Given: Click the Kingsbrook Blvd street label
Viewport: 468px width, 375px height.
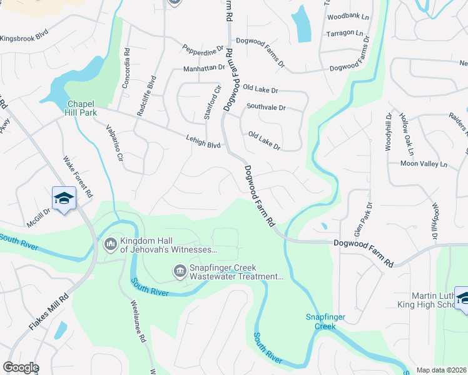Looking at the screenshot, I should click(x=24, y=38).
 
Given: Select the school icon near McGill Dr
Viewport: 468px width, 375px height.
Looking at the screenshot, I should click(x=64, y=198).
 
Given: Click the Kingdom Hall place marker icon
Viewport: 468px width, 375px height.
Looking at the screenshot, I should click(x=111, y=242).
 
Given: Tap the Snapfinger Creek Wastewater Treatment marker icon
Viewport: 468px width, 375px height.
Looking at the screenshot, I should click(x=179, y=270).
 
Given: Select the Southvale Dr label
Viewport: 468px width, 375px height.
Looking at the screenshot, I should click(x=266, y=107).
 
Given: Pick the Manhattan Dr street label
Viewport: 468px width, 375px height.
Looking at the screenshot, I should click(x=204, y=67).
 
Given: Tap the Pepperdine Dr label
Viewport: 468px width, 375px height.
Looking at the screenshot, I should click(x=203, y=48).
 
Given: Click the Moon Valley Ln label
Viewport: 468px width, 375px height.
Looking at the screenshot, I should click(x=424, y=164).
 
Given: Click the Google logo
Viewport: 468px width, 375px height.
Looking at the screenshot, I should click(x=21, y=367).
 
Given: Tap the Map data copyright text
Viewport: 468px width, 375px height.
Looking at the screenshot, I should click(x=440, y=370).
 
